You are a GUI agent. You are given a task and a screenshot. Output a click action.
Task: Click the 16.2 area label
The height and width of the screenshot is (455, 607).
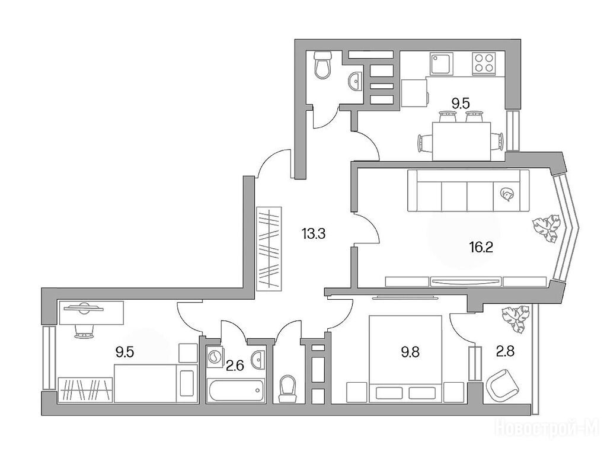(x=481, y=247)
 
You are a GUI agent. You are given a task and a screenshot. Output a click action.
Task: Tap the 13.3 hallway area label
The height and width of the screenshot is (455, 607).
(x=313, y=233)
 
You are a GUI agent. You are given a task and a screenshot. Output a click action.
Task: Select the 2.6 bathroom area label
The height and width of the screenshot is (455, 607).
(x=235, y=365)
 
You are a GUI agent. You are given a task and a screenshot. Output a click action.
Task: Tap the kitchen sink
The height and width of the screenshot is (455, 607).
(x=441, y=64)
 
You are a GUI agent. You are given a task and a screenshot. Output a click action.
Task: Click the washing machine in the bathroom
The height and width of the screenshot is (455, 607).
(x=213, y=357)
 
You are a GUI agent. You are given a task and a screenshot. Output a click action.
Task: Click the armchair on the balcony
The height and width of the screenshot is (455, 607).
(x=503, y=384)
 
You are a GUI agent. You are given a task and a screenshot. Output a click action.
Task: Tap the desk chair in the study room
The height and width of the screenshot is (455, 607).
(x=83, y=329)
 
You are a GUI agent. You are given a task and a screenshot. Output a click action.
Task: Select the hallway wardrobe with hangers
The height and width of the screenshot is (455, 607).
(x=269, y=249)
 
